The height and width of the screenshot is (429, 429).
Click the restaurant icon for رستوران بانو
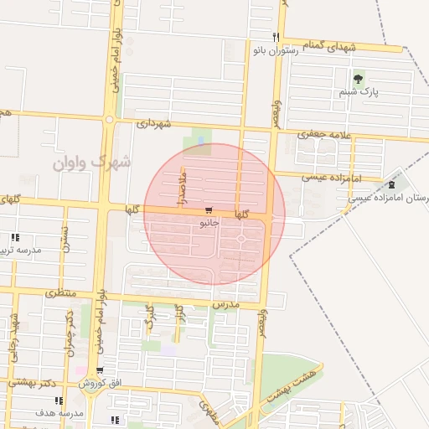tap(276, 37)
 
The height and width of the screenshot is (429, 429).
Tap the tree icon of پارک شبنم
tap(359, 80)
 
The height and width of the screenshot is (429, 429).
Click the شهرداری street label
tap(153, 124)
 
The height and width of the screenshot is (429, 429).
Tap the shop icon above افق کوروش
tap(100, 370)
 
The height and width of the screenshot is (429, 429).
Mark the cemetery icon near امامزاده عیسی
tap(392, 184)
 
